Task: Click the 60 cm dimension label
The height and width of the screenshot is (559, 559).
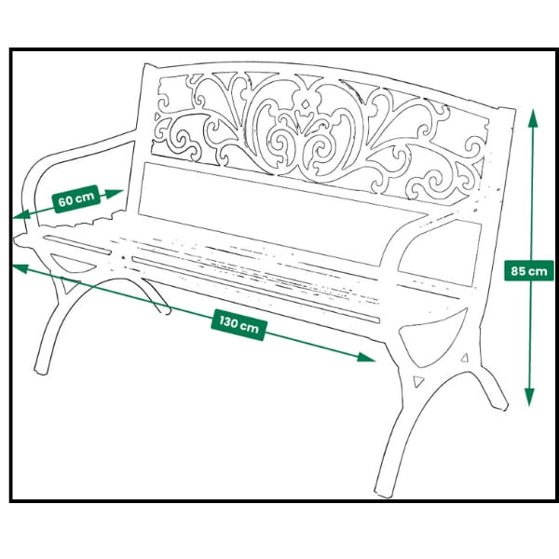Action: pos(76,199)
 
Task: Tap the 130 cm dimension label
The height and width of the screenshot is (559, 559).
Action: pos(239,325)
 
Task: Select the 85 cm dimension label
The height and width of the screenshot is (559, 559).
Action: pos(529,271)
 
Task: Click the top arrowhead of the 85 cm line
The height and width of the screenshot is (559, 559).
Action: pos(533,118)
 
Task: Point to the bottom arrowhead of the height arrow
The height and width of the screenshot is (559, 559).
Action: pos(530,398)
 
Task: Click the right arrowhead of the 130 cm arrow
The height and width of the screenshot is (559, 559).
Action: pos(366,357)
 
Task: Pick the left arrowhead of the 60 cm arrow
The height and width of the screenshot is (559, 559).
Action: pos(20,214)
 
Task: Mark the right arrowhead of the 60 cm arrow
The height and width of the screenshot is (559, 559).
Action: pos(114,194)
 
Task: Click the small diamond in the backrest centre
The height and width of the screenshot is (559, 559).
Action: pos(306,104)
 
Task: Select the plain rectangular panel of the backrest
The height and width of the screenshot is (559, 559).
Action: pos(281,214)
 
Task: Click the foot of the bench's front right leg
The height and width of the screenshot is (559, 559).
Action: pos(384,493)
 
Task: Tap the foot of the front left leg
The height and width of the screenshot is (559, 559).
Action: pos(40,371)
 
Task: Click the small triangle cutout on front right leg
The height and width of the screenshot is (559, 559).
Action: pos(417,381)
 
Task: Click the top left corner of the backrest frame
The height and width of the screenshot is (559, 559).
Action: pos(146,65)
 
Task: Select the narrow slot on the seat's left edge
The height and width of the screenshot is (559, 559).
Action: pos(77,244)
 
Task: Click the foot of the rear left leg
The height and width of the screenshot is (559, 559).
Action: pos(166,311)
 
